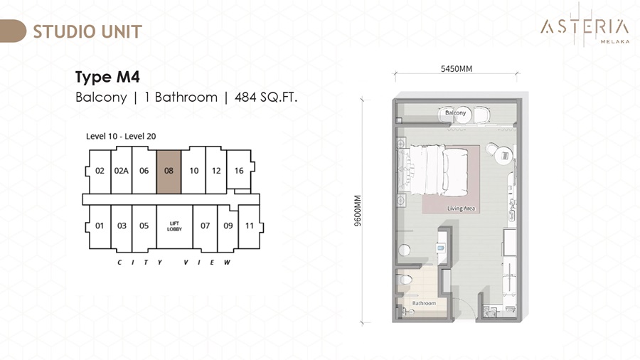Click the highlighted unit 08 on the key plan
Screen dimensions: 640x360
point(169,172)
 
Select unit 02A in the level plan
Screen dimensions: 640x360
point(121,171)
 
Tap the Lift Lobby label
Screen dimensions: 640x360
point(174,226)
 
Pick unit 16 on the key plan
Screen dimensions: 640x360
point(239,171)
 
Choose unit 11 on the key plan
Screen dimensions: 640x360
point(250,226)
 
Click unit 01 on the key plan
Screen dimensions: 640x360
point(100,226)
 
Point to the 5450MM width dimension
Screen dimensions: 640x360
point(457,69)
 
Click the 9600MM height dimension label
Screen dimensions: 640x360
point(358,211)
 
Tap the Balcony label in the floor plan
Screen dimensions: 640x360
point(455,112)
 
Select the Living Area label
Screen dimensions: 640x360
point(462,208)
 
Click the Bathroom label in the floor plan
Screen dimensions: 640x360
point(424,303)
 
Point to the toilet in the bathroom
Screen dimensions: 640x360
point(404,280)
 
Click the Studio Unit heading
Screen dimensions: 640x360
point(87,32)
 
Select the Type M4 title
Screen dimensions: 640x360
point(108,77)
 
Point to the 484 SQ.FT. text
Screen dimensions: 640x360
point(266,97)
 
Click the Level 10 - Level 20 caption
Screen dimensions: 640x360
point(121,137)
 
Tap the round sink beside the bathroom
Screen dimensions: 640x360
point(404,250)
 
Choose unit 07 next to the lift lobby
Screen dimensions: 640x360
point(205,226)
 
